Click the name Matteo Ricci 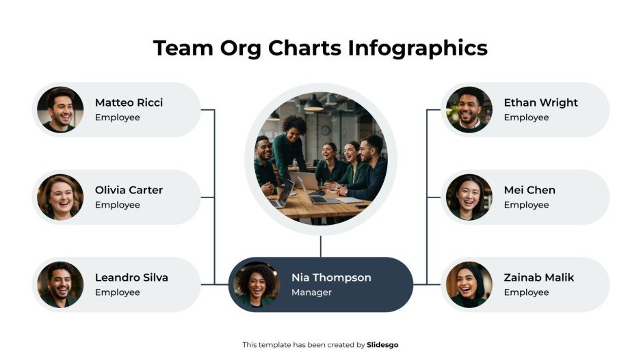coord(129,102)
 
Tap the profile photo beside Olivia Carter coord(60,197)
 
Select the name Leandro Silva coord(131,277)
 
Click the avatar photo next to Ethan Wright coord(469,109)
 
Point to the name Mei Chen coord(529,190)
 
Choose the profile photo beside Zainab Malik coord(469,284)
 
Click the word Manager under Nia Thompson coord(311,292)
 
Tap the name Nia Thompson coord(331,277)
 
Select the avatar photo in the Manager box coord(257,284)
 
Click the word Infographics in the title coord(417,48)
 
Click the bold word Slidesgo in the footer coord(382,345)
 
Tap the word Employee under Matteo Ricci coord(117,117)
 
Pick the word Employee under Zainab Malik coord(526,292)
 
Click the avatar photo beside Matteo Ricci coord(60,109)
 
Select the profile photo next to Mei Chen coord(469,197)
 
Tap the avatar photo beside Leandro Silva coord(60,284)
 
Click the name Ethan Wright coord(540,102)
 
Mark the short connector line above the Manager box coord(320,246)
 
